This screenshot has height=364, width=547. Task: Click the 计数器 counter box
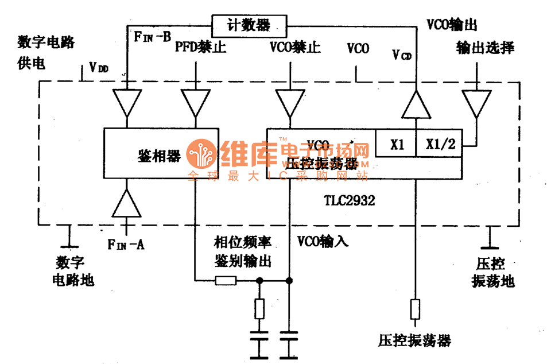(249, 25)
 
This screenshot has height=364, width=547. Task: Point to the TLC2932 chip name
(350, 202)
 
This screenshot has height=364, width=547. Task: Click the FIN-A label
(126, 245)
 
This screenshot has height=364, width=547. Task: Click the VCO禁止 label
(294, 48)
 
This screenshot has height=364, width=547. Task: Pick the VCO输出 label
(452, 24)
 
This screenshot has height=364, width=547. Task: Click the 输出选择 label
(485, 48)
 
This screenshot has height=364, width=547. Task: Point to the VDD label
(99, 69)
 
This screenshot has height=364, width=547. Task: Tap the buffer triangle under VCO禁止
(290, 103)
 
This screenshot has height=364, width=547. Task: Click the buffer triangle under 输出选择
(476, 103)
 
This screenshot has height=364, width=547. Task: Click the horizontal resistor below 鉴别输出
(225, 281)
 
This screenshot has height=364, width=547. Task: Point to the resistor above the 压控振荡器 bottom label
(414, 309)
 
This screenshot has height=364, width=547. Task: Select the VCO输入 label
(323, 242)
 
